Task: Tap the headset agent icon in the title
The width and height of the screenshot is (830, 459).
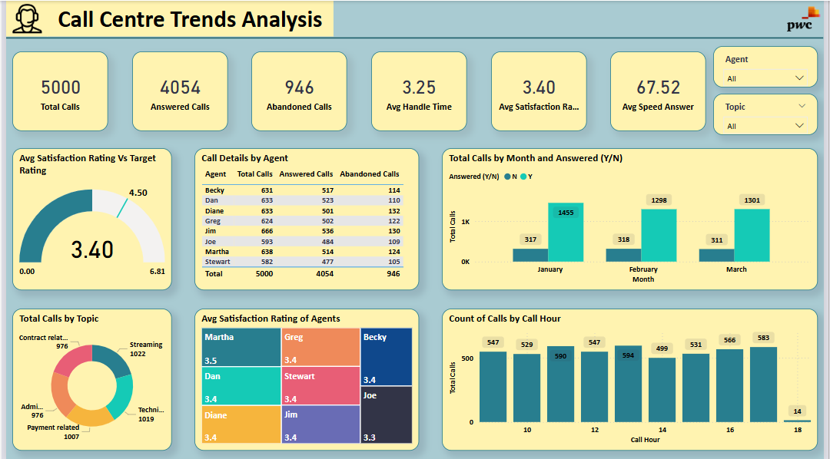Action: (28, 18)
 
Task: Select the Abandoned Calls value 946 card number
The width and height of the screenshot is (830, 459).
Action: (299, 88)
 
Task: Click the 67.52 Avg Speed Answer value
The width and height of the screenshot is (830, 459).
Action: (658, 88)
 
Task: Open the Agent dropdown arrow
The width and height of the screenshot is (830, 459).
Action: (800, 78)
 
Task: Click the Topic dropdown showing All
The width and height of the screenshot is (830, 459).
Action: (765, 126)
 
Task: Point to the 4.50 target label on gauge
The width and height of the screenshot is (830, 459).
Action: (138, 193)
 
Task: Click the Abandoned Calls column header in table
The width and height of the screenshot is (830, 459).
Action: (370, 174)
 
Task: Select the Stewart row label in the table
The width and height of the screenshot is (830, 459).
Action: (217, 261)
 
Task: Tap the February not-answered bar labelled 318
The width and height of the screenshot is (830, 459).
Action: (623, 255)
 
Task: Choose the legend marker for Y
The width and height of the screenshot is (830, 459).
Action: (523, 177)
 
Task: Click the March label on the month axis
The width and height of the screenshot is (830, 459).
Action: (736, 269)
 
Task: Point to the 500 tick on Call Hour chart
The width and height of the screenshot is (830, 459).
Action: (466, 358)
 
